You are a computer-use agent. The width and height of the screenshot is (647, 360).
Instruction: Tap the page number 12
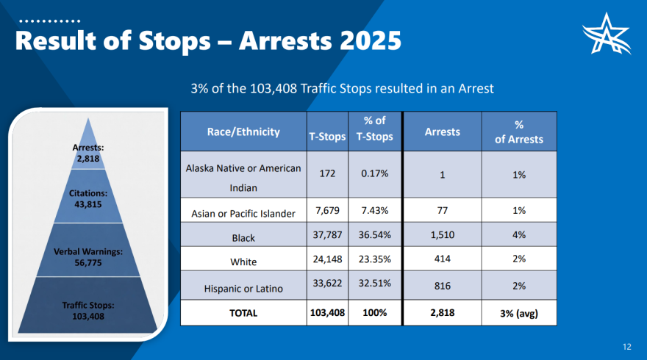[626, 347]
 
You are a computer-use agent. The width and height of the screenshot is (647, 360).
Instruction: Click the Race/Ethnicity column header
[243, 132]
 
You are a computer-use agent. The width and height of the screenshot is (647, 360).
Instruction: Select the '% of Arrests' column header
[518, 132]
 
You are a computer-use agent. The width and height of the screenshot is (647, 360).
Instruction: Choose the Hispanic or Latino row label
[243, 289]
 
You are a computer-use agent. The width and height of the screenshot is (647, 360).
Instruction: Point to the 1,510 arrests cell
[442, 237]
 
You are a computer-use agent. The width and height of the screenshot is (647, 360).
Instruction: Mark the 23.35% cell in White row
[374, 259]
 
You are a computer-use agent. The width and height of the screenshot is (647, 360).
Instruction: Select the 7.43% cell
[374, 211]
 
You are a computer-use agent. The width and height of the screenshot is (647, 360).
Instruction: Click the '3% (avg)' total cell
[518, 313]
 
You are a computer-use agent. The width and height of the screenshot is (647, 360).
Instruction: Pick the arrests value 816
[442, 285]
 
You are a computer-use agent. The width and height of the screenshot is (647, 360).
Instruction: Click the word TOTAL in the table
[243, 313]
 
